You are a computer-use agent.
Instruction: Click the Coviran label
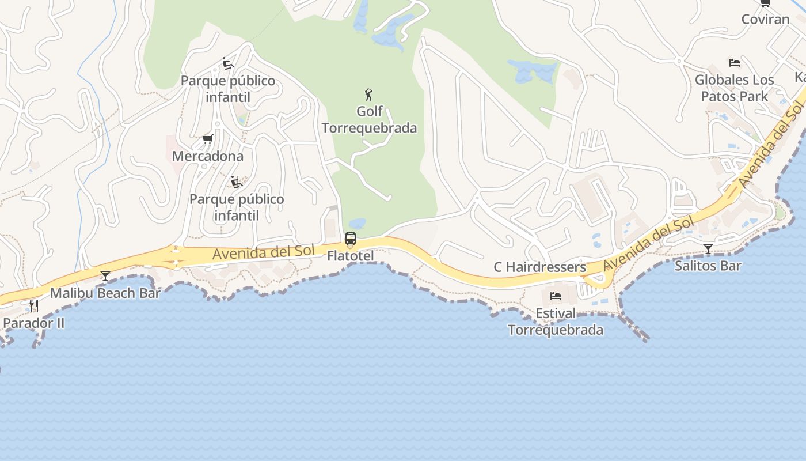tap(765, 19)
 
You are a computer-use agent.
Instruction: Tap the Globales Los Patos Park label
tap(734, 88)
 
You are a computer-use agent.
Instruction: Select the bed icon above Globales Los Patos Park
tap(734, 62)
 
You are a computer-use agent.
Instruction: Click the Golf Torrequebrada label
tap(369, 119)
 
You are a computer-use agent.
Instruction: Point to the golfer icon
tap(368, 94)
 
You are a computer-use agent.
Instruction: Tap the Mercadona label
tap(207, 156)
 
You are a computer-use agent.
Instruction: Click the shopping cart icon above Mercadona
tap(207, 139)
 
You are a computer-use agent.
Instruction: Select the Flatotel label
tap(350, 256)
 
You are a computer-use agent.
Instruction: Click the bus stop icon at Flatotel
tap(350, 239)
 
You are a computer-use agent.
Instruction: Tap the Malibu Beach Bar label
tap(105, 293)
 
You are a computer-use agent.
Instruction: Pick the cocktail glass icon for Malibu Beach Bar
tap(105, 276)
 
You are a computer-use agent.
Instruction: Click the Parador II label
tap(34, 323)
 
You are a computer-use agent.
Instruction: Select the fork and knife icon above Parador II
tap(34, 305)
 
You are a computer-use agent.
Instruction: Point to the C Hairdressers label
tap(539, 267)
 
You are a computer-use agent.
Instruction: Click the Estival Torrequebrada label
tap(555, 322)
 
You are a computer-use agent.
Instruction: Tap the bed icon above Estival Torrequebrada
tap(555, 296)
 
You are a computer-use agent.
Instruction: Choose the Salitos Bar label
tap(708, 266)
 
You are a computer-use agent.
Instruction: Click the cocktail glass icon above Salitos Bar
tap(708, 249)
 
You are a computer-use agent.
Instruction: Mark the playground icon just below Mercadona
tap(236, 182)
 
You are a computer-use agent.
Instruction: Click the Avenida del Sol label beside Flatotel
tap(264, 252)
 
